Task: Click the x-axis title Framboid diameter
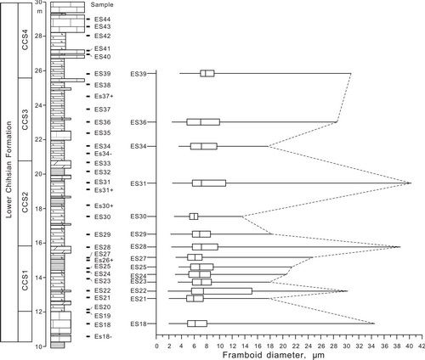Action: point(273,355)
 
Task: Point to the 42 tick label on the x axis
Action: point(422,346)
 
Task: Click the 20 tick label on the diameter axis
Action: point(283,346)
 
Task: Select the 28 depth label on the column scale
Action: point(38,37)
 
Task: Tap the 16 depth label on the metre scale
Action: point(38,243)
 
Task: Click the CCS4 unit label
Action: point(25,40)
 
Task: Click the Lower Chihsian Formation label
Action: point(9,170)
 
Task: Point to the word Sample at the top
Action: point(102,5)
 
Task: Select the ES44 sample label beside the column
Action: point(102,20)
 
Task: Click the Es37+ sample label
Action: point(104,96)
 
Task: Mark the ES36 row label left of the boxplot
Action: point(139,122)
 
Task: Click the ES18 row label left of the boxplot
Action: point(139,323)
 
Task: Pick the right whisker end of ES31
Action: point(411,183)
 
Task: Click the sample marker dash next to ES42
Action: point(88,36)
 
